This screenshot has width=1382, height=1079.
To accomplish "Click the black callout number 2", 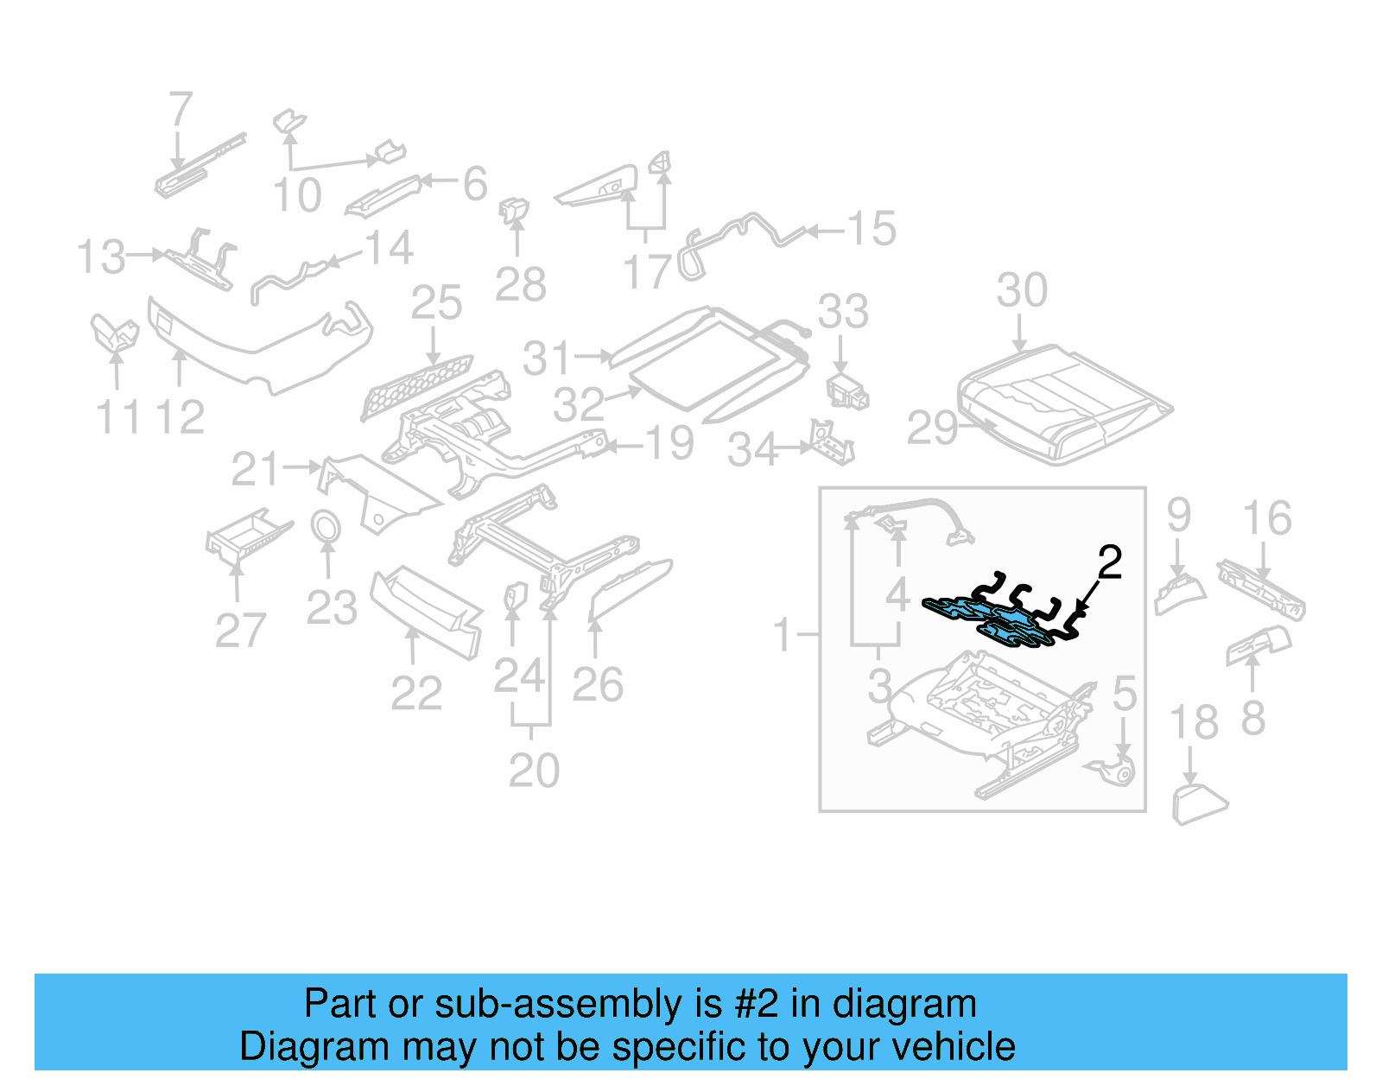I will (1109, 562).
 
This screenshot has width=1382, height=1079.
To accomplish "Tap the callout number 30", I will (1022, 290).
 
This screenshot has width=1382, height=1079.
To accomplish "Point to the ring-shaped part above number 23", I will (326, 525).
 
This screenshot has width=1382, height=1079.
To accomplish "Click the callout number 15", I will (871, 229).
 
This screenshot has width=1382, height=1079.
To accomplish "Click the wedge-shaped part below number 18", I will (1198, 803).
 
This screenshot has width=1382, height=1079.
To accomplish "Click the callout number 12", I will (180, 418).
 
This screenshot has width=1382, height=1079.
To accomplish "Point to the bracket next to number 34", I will (832, 442).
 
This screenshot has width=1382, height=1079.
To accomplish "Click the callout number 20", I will (534, 771).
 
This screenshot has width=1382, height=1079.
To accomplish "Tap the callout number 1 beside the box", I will (782, 636).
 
